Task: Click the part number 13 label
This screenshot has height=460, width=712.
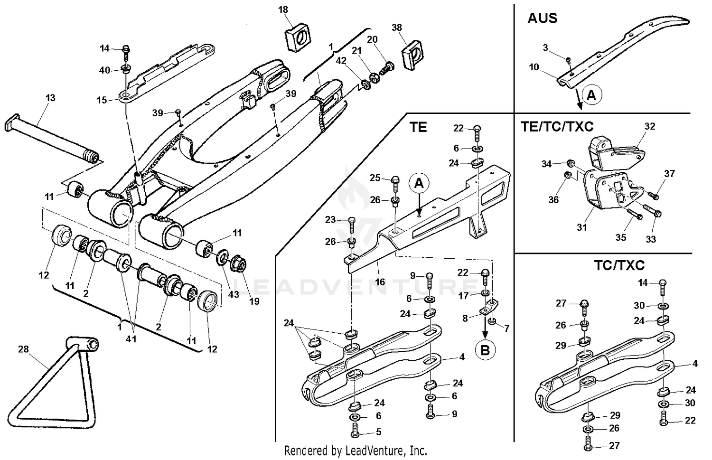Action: tap(50, 98)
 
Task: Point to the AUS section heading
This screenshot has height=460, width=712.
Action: tap(542, 18)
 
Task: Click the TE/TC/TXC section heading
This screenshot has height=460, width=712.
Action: tap(557, 127)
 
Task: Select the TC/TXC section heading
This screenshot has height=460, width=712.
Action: tap(619, 265)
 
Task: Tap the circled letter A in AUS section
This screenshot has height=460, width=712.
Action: tap(591, 95)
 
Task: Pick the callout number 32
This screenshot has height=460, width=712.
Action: tap(649, 126)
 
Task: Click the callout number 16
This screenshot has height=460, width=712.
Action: tap(380, 282)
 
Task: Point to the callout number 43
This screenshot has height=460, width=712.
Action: tap(234, 294)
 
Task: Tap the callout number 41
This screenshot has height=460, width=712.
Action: tap(131, 339)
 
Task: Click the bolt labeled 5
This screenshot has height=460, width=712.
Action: tap(356, 432)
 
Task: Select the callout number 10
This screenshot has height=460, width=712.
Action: tap(534, 67)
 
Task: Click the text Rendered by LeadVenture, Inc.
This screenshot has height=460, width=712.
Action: tap(355, 450)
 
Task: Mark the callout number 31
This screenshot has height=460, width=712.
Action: tap(582, 227)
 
